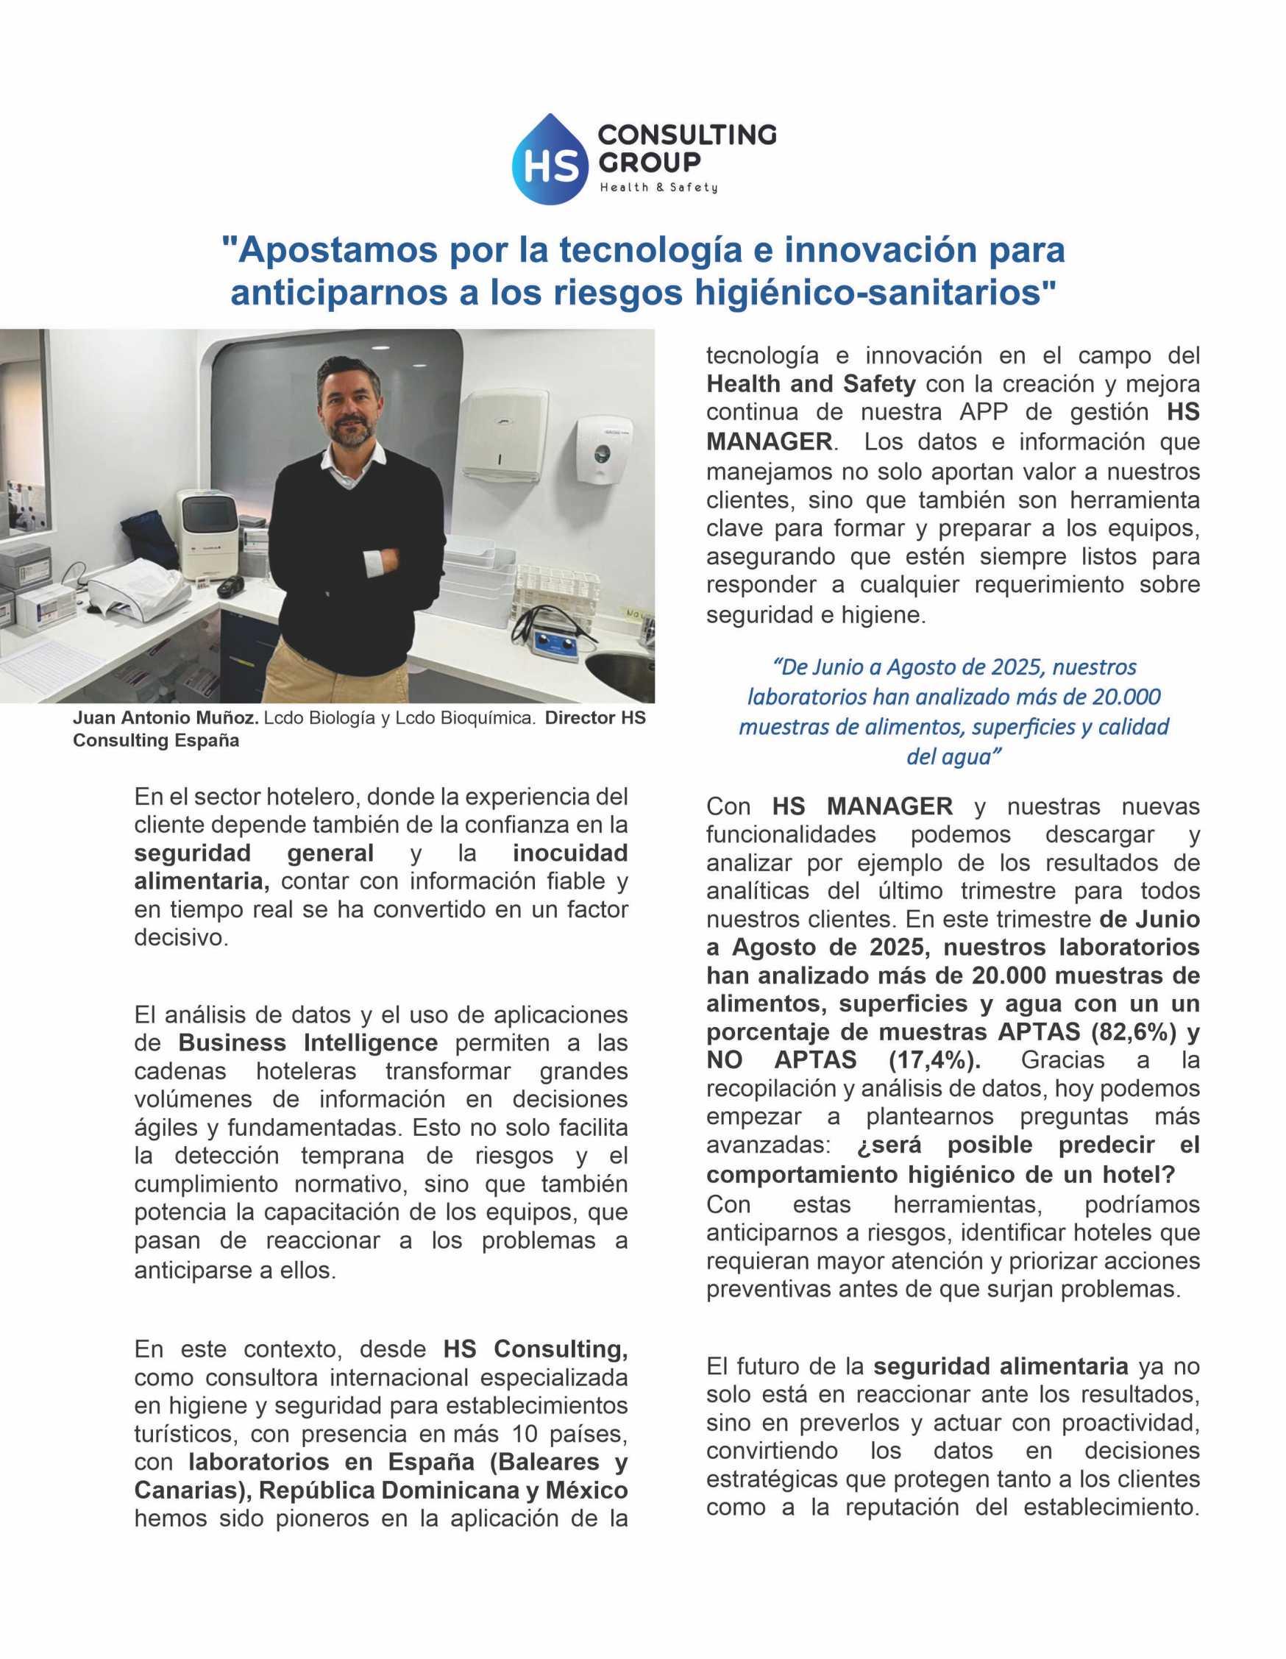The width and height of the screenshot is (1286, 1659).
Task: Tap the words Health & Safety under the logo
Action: [658, 188]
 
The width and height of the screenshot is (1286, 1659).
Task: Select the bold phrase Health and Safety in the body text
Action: [811, 384]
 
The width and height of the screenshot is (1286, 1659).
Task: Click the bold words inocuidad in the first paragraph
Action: [569, 853]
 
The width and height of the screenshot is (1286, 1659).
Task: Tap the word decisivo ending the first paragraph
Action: [181, 938]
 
